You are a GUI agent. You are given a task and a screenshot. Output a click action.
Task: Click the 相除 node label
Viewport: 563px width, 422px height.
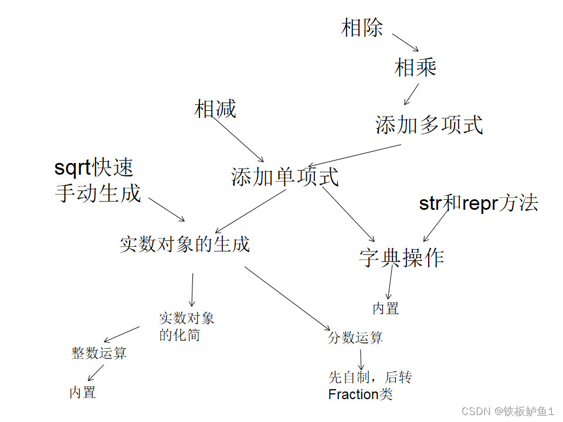pos(362,28)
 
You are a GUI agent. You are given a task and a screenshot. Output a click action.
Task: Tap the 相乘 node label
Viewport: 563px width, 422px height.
pos(415,68)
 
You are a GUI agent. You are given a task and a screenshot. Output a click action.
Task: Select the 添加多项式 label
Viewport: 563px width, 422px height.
pos(429,125)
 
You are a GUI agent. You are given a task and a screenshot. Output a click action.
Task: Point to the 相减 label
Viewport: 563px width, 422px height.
pos(215,109)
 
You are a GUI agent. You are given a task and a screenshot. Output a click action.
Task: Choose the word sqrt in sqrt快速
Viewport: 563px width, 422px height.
pos(73,168)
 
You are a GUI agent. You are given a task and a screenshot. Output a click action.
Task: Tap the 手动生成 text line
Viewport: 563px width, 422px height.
pos(98,193)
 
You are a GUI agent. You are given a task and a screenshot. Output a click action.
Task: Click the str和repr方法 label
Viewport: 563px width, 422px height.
pos(478,203)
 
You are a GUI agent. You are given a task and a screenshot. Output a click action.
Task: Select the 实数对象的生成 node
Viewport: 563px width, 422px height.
pos(185,244)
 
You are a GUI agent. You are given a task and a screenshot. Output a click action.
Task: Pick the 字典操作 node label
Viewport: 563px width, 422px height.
pos(401,257)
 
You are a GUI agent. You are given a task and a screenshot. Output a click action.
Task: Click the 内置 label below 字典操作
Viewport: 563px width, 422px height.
pos(385,309)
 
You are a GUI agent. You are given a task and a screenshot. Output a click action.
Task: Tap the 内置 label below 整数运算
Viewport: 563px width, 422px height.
pos(83,393)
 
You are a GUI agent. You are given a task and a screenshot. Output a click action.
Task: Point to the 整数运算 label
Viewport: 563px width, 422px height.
pos(99,353)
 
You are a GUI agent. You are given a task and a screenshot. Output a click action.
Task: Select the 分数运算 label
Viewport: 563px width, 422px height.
pos(355,338)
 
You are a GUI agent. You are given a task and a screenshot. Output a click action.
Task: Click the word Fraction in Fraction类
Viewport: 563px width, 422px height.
pos(354,394)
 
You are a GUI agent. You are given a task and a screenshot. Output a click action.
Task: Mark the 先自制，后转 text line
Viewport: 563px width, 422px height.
pos(370,377)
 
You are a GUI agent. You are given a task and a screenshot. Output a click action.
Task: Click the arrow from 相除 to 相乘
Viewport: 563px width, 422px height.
pos(405,42)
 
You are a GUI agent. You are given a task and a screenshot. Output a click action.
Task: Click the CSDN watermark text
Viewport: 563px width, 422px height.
pos(475,411)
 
